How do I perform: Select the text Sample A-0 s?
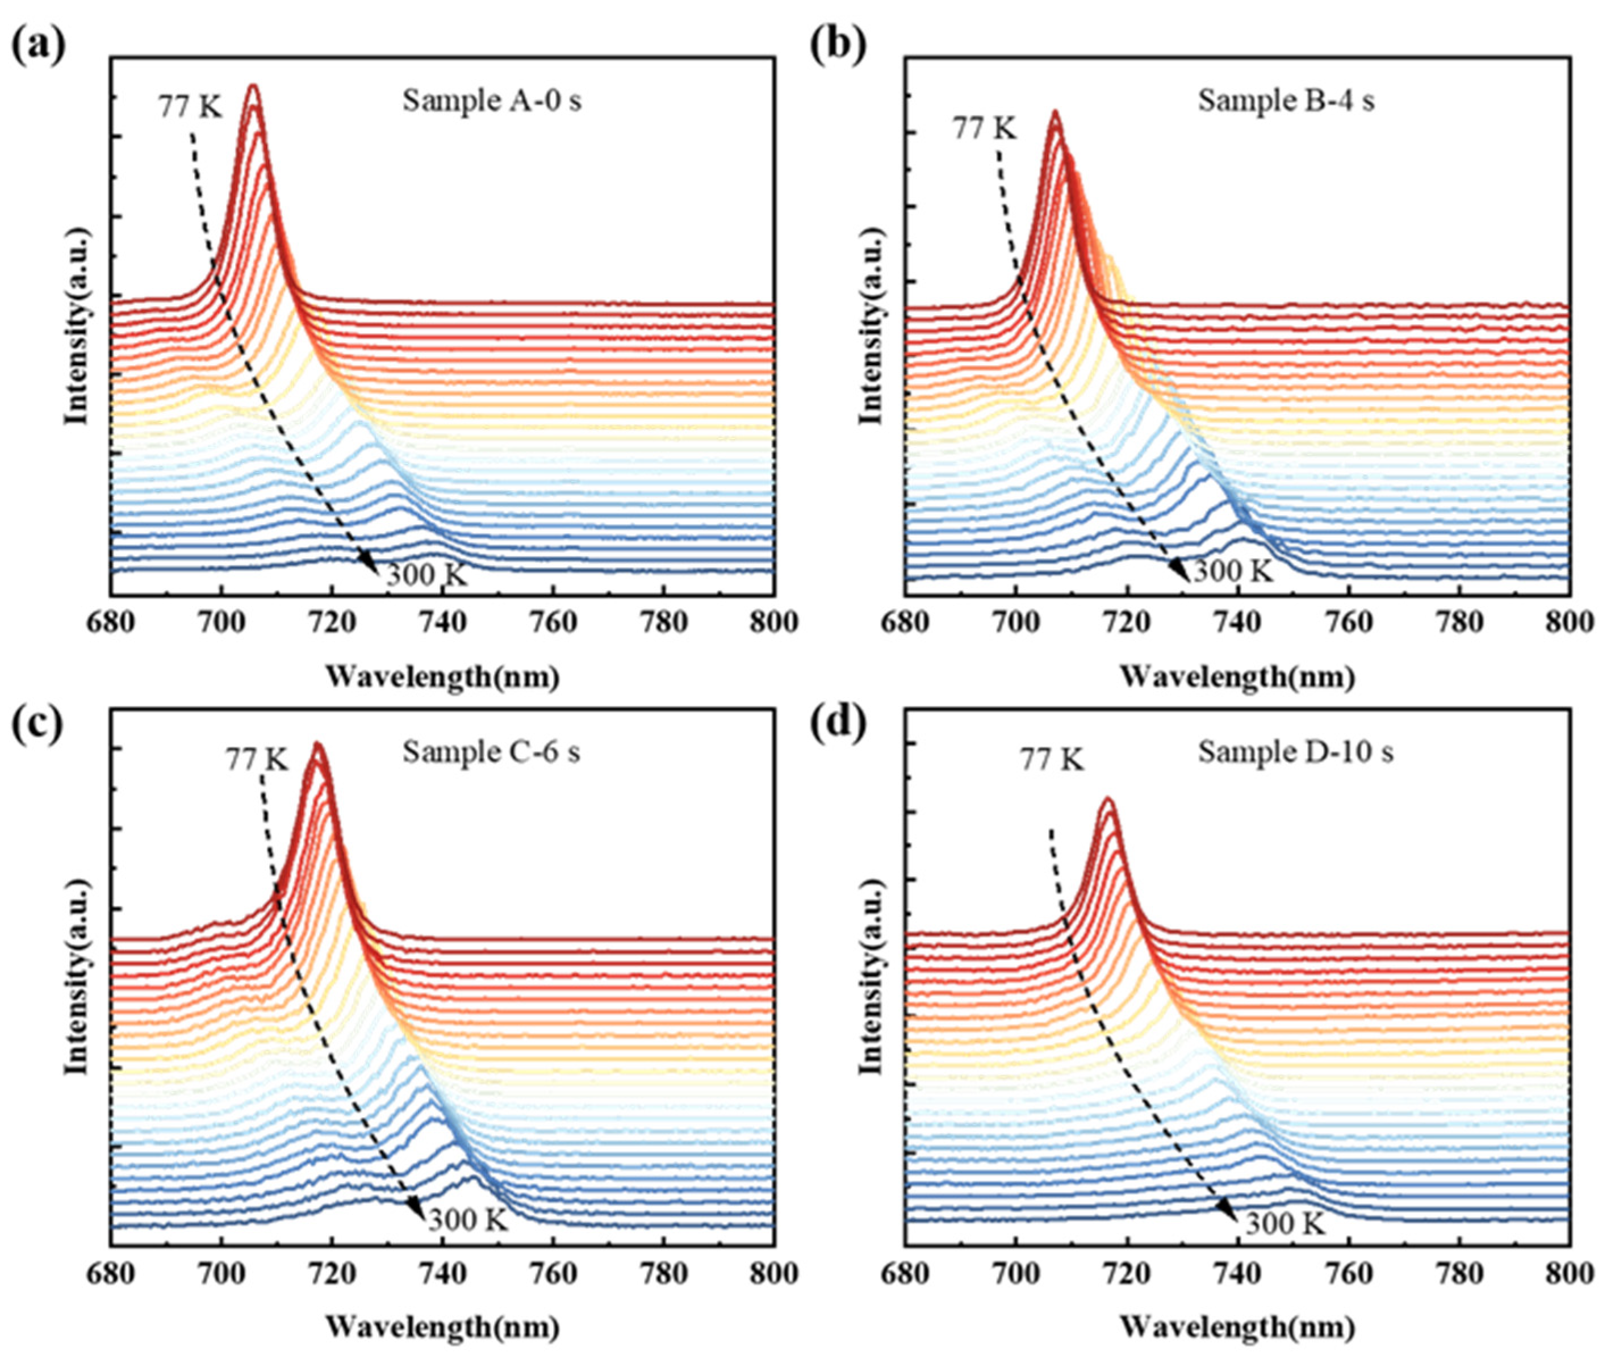[x=491, y=101]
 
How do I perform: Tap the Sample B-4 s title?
[x=1286, y=101]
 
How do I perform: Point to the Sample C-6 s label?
[x=491, y=752]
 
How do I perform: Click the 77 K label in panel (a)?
[x=190, y=107]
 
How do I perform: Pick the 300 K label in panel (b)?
[x=1232, y=571]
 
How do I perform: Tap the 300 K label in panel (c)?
[x=468, y=1219]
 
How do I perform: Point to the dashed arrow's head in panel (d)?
[x=1229, y=1213]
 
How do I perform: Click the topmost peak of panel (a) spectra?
[x=253, y=87]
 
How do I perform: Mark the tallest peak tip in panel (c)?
[x=316, y=743]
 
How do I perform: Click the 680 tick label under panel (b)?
[x=906, y=622]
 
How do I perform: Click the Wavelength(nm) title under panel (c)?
[x=442, y=1327]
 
